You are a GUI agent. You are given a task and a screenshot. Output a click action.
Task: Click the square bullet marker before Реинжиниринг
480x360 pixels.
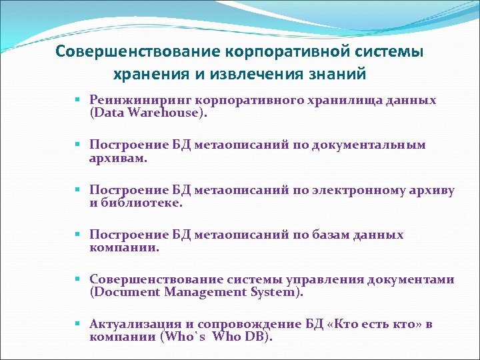pyautogui.click(x=77, y=101)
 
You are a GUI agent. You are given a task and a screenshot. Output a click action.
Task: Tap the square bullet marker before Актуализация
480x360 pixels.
pyautogui.click(x=77, y=325)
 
